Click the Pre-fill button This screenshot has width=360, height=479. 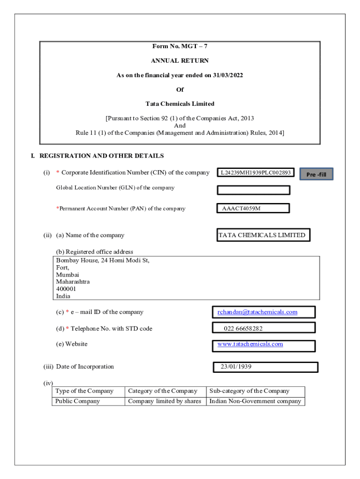316,174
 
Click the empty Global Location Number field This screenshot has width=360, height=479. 253,190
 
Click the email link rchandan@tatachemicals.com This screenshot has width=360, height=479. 257,312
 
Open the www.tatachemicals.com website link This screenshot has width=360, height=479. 250,344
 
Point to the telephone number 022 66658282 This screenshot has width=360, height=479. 243,328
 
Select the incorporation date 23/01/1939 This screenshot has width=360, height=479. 236,367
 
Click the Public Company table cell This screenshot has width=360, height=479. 78,401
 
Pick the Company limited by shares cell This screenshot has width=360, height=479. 165,401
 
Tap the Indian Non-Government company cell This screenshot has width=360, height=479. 255,401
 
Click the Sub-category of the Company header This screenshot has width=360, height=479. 249,391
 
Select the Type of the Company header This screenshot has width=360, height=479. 84,391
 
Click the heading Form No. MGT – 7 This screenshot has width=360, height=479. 180,46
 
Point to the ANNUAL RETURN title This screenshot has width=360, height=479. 180,61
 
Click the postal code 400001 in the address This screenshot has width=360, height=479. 66,289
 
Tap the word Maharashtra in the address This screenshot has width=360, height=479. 73,282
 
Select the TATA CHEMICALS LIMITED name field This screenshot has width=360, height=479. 262,235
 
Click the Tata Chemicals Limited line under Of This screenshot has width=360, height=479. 180,104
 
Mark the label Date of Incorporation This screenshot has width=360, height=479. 85,367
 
